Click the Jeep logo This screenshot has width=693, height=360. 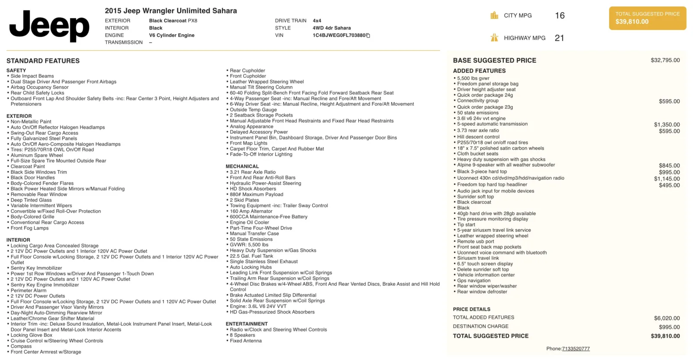[49, 26]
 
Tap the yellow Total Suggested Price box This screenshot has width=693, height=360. [647, 18]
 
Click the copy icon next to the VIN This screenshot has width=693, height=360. [368, 36]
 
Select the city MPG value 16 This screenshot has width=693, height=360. [560, 16]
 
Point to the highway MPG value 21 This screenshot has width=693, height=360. [559, 38]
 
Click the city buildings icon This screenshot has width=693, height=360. [494, 16]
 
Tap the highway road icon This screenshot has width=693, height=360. [494, 38]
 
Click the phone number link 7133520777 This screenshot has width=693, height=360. [576, 349]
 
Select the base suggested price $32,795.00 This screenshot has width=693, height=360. [665, 60]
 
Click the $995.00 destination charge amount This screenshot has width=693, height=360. [669, 327]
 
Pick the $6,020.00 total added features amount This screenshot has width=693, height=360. [667, 318]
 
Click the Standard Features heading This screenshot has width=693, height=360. [43, 61]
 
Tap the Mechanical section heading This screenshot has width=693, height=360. [242, 166]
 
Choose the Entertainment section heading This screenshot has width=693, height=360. [246, 324]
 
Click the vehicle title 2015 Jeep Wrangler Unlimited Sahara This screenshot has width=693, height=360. [171, 11]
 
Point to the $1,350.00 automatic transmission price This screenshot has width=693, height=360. [667, 124]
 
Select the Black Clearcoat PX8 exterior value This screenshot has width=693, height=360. [173, 21]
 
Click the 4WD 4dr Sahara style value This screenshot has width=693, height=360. [331, 28]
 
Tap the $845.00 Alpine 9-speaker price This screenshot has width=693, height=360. [669, 165]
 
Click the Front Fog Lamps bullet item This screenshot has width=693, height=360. [29, 228]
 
